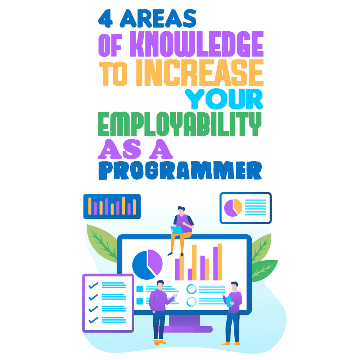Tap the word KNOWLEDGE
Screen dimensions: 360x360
197,44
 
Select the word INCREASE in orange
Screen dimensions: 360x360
200,73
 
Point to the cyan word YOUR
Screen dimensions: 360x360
224,99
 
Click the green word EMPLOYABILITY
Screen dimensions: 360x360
180,124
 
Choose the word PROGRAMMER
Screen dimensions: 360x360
180,170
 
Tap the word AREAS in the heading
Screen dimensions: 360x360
158,18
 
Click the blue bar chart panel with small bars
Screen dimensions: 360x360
112,206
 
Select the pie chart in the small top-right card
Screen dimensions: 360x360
233,208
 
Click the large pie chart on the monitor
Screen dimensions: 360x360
147,265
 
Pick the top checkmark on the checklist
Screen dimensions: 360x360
93,285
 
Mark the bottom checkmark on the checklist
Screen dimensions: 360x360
93,320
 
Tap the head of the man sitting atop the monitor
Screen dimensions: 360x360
181,211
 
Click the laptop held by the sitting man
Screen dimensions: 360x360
176,230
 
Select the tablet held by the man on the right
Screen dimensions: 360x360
229,302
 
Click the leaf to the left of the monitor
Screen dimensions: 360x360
102,243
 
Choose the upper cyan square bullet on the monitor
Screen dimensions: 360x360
140,289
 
